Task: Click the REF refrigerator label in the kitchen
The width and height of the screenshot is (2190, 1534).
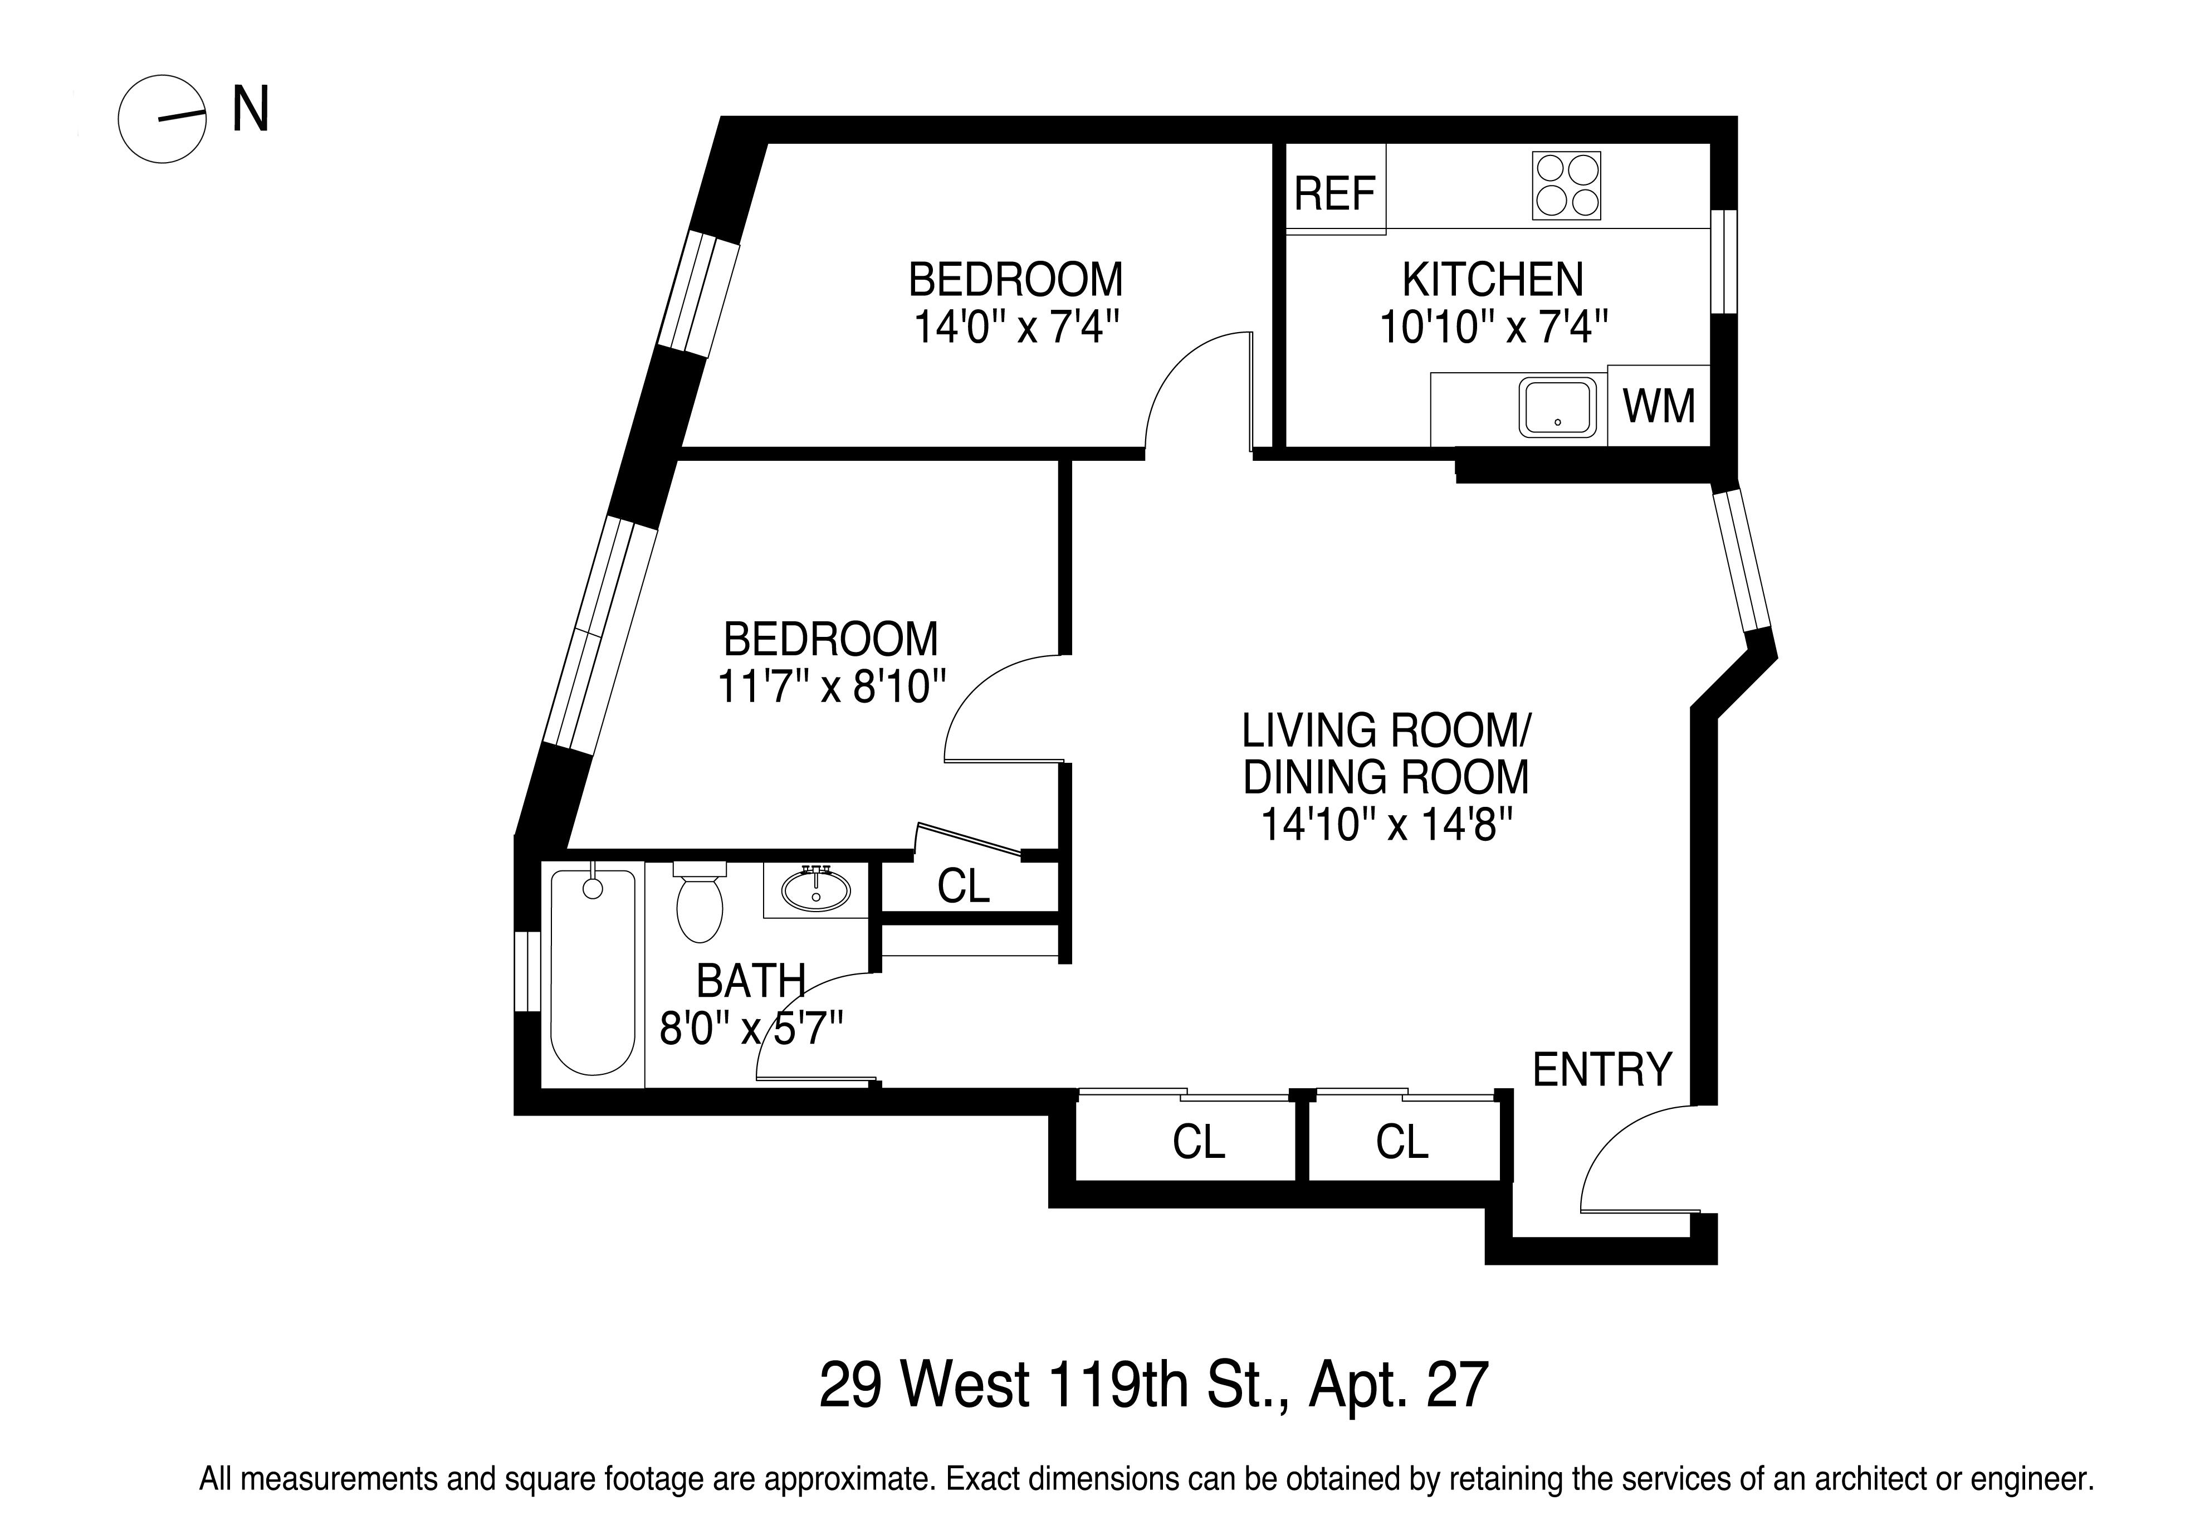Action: pos(1334,194)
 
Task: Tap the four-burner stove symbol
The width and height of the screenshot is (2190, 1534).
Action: pos(1566,186)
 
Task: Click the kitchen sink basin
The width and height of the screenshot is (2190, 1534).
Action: pos(1558,408)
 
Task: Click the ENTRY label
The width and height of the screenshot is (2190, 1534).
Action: pos(1602,1069)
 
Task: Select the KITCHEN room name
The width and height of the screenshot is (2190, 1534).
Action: pos(1493,280)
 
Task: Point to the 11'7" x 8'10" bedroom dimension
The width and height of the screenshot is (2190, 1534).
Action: pos(831,686)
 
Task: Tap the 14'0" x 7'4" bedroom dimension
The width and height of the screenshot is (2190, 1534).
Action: pos(1016,327)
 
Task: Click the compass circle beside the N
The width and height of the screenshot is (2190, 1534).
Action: pos(162,119)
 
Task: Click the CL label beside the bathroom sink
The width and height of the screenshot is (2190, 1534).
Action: pos(964,887)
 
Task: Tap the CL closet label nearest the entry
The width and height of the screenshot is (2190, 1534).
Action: pos(1402,1141)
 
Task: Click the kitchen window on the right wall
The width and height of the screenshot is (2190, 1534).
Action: pos(1724,260)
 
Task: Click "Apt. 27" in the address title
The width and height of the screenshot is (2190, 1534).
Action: pos(1399,1385)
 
